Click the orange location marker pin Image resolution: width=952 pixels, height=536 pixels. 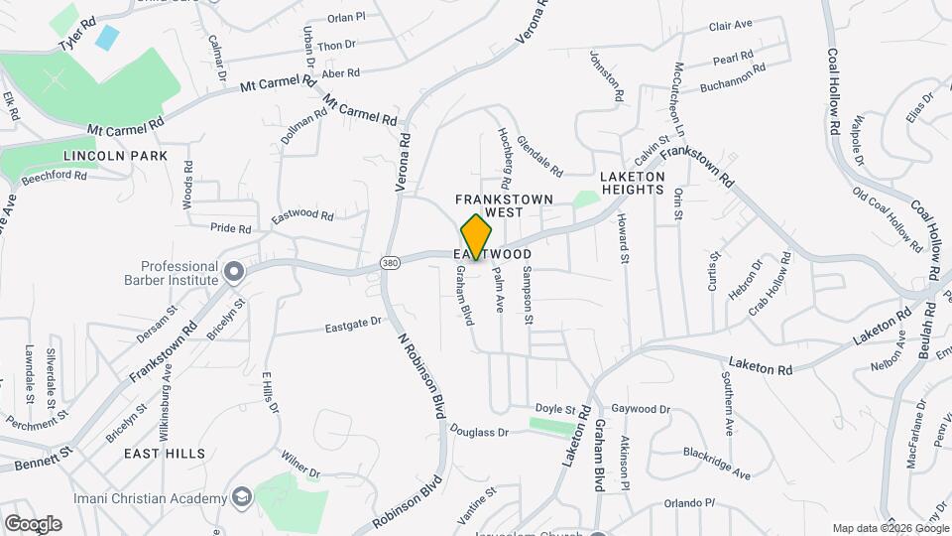477,236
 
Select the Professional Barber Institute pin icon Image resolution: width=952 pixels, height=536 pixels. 234,271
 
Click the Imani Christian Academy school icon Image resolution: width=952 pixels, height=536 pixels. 241,495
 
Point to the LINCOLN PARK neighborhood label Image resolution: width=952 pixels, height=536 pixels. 115,157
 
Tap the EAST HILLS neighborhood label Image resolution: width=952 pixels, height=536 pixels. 158,452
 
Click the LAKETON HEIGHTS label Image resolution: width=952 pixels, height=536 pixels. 632,183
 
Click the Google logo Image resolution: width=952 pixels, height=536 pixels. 33,524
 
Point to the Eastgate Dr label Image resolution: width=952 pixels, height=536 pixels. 354,324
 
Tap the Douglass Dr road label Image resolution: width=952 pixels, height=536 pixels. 478,432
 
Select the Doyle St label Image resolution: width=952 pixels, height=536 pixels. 555,409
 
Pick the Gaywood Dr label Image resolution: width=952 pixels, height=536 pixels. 641,409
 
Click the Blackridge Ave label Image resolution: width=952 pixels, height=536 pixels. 716,464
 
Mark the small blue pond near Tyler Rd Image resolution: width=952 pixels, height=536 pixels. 106,39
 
